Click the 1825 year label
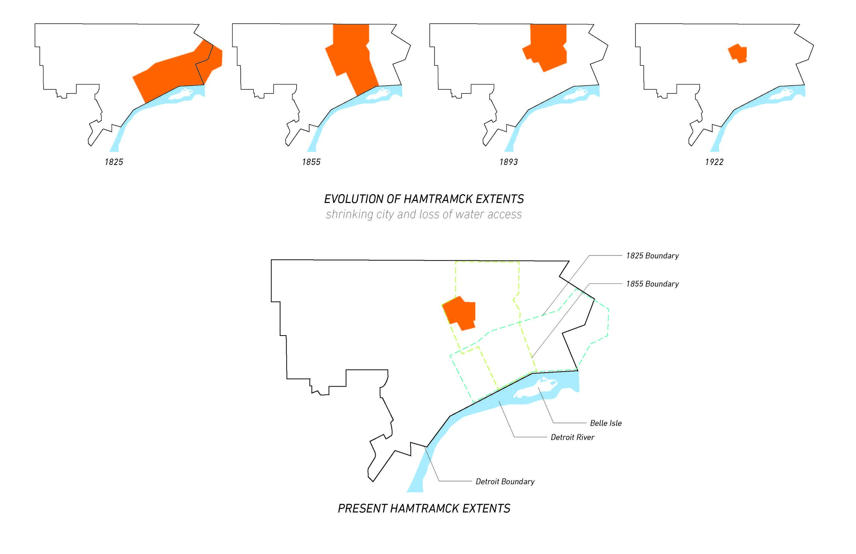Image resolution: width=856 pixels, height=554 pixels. pos(114,162)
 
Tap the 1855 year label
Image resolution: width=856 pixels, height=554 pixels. pos(311,162)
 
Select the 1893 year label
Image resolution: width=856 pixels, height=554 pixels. pos(508,162)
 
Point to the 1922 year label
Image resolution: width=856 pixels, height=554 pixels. pos(714,162)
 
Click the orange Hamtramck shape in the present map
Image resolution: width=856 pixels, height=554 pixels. pos(461,313)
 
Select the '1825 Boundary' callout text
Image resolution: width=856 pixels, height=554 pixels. pos(652,256)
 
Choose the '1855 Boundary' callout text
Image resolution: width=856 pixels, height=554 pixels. pos(652,284)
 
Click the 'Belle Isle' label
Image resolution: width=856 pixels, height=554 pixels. pos(606,424)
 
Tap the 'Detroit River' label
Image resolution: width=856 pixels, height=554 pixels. pos(572,438)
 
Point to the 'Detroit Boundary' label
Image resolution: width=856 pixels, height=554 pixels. pos(505,482)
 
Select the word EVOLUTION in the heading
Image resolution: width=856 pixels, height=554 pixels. pos(353,199)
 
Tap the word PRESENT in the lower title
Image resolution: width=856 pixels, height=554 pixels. pos(362,509)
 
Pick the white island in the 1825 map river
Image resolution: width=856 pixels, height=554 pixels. pos(184,94)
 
